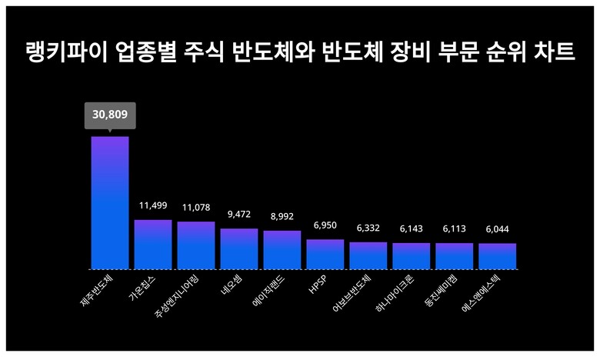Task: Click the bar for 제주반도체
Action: click(x=110, y=203)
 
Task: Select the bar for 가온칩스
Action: click(x=153, y=245)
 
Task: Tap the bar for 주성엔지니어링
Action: click(x=196, y=245)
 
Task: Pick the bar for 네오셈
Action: click(x=239, y=248)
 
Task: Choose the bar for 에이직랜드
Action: click(x=282, y=250)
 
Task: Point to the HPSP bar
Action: click(x=325, y=254)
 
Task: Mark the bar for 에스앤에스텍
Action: click(x=497, y=256)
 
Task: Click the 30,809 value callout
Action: click(x=110, y=115)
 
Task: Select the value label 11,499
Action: click(x=153, y=206)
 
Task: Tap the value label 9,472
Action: click(x=239, y=215)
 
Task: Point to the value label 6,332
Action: click(x=368, y=228)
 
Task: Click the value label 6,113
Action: click(x=454, y=229)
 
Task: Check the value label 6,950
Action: click(x=325, y=225)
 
